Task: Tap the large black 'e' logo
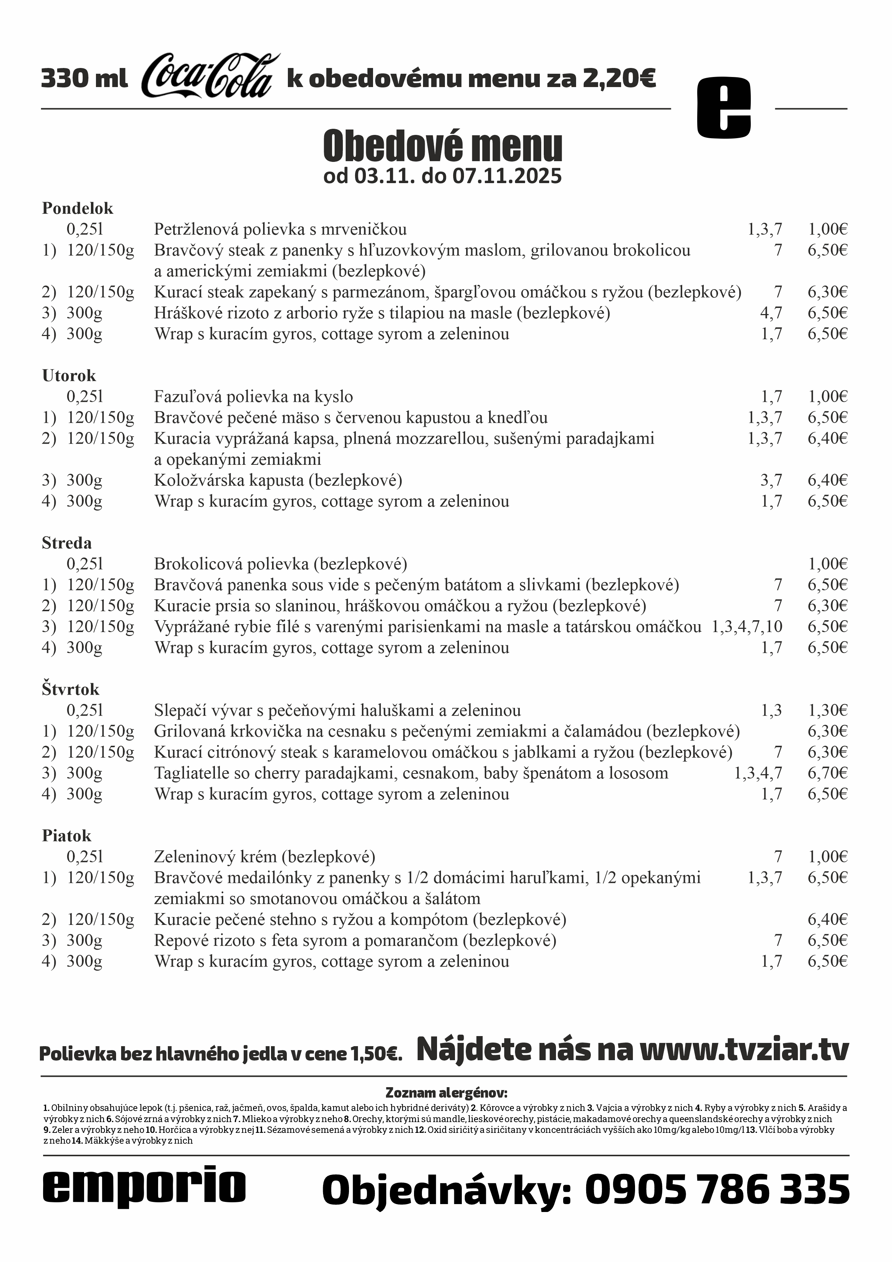coord(723,108)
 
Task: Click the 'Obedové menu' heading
coord(443,146)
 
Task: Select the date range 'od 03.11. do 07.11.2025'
coord(443,176)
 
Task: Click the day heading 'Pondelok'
coord(77,208)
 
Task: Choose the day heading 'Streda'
coord(66,543)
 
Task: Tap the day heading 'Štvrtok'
coord(70,689)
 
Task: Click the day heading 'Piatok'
coord(66,836)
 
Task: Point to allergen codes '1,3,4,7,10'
coord(747,627)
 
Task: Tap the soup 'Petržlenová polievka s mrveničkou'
coord(280,229)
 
